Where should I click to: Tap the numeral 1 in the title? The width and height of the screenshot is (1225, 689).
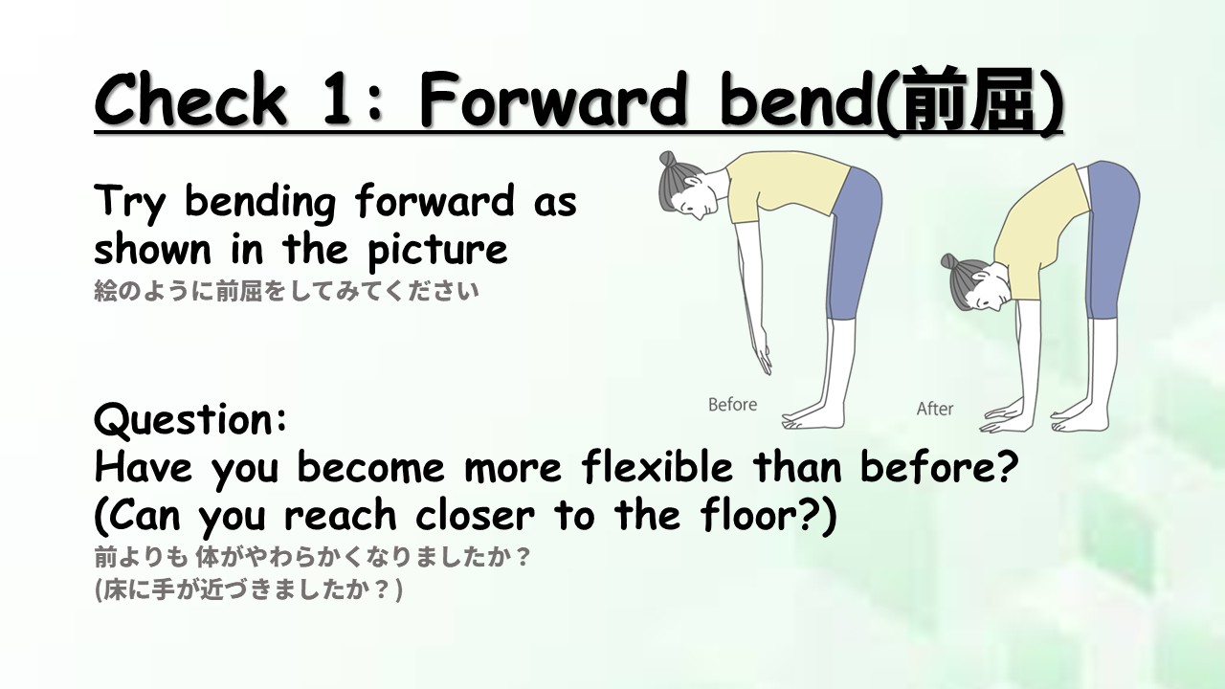pyautogui.click(x=336, y=100)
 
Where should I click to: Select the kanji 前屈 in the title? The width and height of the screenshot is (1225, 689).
pyautogui.click(x=969, y=100)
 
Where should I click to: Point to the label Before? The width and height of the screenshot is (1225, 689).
pyautogui.click(x=732, y=405)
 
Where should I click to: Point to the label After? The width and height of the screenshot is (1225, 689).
pyautogui.click(x=935, y=409)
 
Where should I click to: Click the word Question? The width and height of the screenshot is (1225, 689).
pyautogui.click(x=190, y=420)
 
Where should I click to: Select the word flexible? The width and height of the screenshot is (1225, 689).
pyautogui.click(x=657, y=467)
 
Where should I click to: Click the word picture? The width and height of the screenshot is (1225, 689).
pyautogui.click(x=437, y=250)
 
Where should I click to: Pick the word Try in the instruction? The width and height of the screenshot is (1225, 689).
pyautogui.click(x=129, y=202)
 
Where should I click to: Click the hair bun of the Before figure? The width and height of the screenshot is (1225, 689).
pyautogui.click(x=667, y=159)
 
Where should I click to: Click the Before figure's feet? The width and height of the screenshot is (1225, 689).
pyautogui.click(x=813, y=418)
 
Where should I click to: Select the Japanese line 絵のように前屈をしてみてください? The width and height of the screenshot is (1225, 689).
pyautogui.click(x=286, y=291)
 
